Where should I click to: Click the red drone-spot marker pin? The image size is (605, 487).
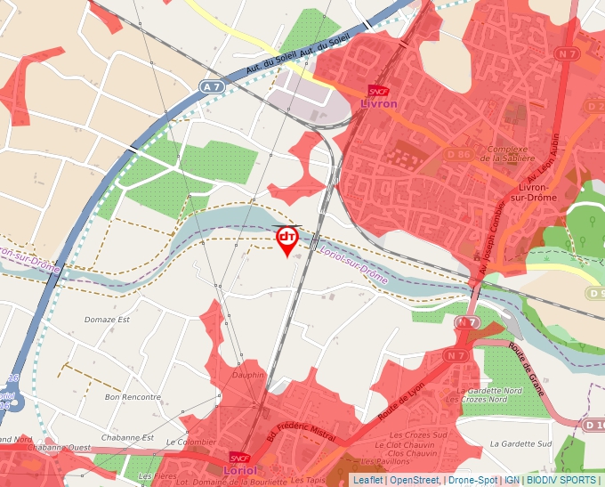coord(286,239)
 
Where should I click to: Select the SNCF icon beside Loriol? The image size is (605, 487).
coord(238,458)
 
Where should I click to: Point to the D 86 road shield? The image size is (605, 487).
coord(458,154)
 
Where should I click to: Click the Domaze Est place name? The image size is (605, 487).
coord(107,319)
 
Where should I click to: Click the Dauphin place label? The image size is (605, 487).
coord(248,375)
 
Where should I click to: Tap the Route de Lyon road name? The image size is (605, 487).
coord(394,401)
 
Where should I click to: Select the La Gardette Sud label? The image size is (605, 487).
coord(520,442)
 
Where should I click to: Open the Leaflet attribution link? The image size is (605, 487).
coord(367,480)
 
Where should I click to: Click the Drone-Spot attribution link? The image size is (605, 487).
coord(472,480)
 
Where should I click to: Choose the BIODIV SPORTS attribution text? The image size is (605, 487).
coord(561,480)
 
